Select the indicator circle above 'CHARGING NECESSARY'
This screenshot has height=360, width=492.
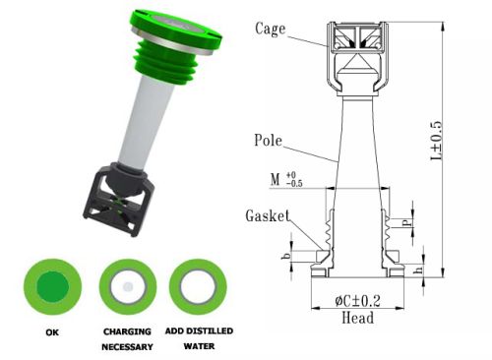(x=127, y=286)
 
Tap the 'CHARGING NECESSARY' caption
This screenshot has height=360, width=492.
(x=128, y=338)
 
